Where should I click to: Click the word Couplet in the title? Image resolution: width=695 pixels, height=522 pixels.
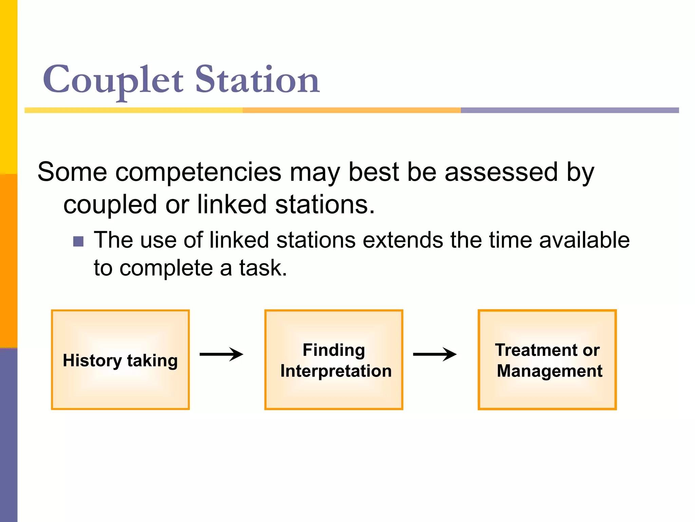pyautogui.click(x=113, y=80)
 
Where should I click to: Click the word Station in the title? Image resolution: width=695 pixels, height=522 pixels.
pyautogui.click(x=257, y=80)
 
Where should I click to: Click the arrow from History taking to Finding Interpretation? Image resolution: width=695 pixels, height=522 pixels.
pyautogui.click(x=221, y=354)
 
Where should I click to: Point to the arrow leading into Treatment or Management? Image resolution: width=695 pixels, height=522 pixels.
pyautogui.click(x=435, y=354)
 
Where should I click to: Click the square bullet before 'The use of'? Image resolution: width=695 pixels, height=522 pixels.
pyautogui.click(x=78, y=241)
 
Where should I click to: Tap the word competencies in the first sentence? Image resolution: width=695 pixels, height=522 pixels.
pyautogui.click(x=198, y=172)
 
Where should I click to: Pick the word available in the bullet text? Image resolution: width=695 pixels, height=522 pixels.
pyautogui.click(x=584, y=240)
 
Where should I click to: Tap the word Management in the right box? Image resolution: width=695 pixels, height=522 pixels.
pyautogui.click(x=549, y=371)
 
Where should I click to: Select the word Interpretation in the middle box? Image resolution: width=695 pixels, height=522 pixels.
pyautogui.click(x=336, y=371)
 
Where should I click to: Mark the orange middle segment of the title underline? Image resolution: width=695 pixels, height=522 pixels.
pyautogui.click(x=352, y=110)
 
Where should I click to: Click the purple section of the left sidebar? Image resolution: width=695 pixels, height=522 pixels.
pyautogui.click(x=8, y=435)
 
